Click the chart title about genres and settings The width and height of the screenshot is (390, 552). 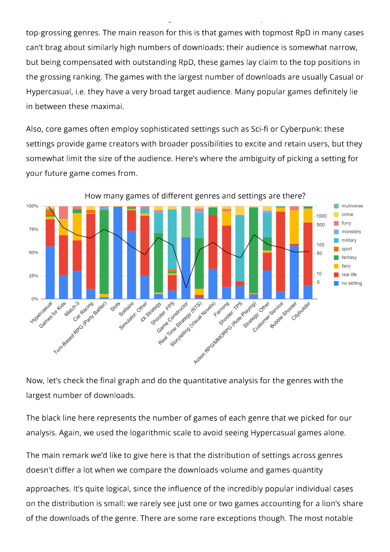pyautogui.click(x=195, y=196)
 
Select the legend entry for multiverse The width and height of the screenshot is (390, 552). pyautogui.click(x=348, y=206)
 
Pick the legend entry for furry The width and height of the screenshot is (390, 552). pyautogui.click(x=343, y=223)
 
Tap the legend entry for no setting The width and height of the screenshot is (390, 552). pyautogui.click(x=348, y=283)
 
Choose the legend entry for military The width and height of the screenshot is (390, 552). pyautogui.click(x=345, y=240)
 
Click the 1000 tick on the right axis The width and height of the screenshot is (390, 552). pyautogui.click(x=321, y=216)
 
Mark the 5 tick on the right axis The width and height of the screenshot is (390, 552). pyautogui.click(x=318, y=282)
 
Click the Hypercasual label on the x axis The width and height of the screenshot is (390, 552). pyautogui.click(x=41, y=312)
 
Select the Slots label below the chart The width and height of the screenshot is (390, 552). pyautogui.click(x=116, y=306)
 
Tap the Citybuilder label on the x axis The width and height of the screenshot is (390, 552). pyautogui.click(x=301, y=311)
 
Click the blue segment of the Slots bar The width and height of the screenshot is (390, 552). pyautogui.click(x=118, y=253)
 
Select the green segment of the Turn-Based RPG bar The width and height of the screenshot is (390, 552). pyautogui.click(x=104, y=252)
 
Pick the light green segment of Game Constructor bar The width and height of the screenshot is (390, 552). pyautogui.click(x=186, y=222)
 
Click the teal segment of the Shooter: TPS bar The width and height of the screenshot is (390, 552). pyautogui.click(x=240, y=248)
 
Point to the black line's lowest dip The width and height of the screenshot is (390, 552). pyautogui.click(x=186, y=287)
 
